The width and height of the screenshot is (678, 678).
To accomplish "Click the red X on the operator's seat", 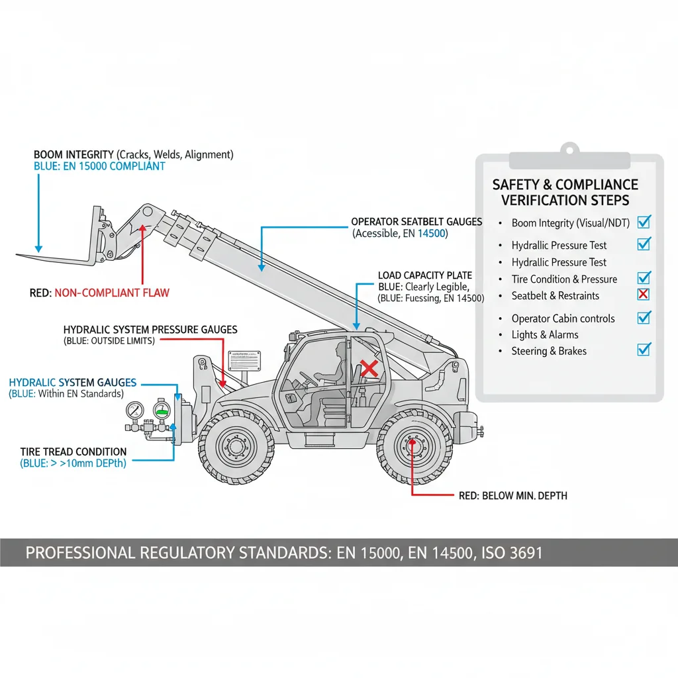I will (369, 369).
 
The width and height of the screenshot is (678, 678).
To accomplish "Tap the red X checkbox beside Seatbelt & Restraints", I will (643, 295).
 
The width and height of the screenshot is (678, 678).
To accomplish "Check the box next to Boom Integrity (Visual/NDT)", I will (643, 222).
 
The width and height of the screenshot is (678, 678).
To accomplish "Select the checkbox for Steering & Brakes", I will (643, 349).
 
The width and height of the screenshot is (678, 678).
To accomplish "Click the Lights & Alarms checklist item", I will (544, 335).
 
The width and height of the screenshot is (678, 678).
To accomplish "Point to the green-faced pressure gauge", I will (161, 409).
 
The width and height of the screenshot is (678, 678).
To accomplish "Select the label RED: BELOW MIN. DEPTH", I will (512, 496).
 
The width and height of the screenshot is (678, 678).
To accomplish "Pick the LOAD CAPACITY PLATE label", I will (424, 275).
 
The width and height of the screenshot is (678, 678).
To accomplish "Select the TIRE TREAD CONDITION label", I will (73, 452).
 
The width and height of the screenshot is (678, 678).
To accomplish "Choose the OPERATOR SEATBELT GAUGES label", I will (416, 222).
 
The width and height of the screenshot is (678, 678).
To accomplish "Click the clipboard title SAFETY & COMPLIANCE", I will (565, 185).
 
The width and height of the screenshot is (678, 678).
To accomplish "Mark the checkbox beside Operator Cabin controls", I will (643, 318).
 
